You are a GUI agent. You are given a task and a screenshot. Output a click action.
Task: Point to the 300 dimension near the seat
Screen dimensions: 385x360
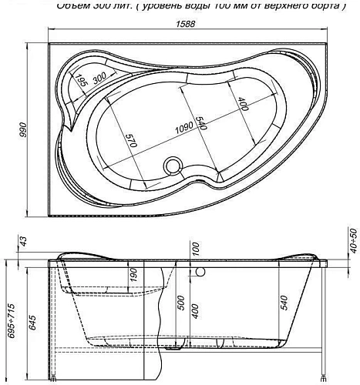click(x=98, y=78)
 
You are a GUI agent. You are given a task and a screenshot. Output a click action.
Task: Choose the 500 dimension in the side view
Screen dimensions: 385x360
click(x=180, y=303)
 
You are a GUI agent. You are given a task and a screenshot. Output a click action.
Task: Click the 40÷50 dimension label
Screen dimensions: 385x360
click(x=352, y=240)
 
